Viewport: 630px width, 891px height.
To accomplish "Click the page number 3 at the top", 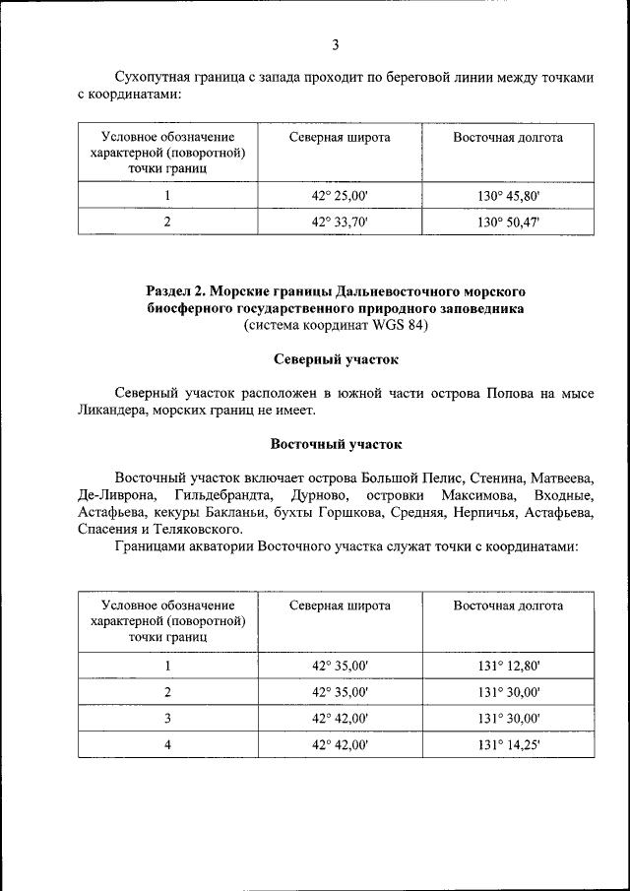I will tap(335, 44).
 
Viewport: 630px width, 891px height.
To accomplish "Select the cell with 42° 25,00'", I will tap(340, 197).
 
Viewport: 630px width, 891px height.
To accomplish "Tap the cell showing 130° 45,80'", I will tap(508, 197).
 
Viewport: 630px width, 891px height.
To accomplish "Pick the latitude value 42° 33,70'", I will tap(340, 223).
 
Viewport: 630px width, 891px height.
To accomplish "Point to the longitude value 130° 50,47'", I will tap(508, 223).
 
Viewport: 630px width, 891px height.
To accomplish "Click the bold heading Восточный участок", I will tap(335, 444).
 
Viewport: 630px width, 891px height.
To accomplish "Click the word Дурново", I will tap(317, 494).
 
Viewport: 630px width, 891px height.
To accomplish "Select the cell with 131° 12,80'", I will tap(508, 667).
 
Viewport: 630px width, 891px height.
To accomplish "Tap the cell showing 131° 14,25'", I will tap(508, 744).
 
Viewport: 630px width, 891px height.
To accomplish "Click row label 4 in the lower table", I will tap(167, 744).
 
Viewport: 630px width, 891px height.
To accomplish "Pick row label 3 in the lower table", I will tap(167, 719).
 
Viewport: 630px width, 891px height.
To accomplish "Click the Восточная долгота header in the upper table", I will tap(508, 138).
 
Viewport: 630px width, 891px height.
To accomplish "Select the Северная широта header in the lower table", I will tap(340, 605).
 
